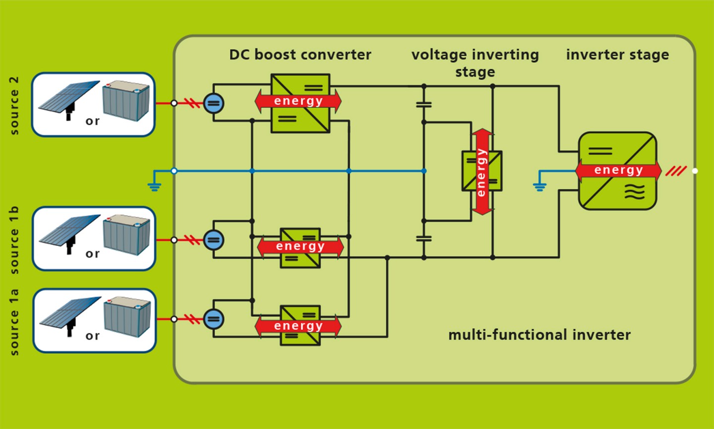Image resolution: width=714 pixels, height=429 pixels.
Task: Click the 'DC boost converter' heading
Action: tap(300, 55)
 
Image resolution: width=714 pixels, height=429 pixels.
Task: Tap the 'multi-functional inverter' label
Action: tap(539, 335)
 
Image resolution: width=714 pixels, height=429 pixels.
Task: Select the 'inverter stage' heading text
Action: tap(617, 55)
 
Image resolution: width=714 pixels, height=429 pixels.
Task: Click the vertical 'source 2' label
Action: tap(14, 105)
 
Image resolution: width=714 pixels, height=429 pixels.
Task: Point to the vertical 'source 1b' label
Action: tap(14, 240)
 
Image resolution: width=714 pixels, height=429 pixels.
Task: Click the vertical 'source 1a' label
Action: tap(14, 322)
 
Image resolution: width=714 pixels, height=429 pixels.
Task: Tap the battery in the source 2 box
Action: tap(126, 100)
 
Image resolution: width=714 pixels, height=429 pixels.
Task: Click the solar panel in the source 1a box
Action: tap(70, 315)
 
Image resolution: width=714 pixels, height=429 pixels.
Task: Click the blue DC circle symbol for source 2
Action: tap(214, 103)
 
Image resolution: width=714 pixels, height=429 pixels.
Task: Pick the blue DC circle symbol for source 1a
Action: tap(214, 319)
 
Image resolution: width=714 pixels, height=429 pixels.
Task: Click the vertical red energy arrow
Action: tap(482, 172)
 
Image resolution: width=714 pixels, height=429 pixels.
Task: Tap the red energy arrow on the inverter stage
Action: tap(618, 170)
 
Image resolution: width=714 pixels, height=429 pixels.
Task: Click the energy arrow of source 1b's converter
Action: tap(300, 246)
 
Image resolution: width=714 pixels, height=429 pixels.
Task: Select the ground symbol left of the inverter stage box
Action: tap(539, 186)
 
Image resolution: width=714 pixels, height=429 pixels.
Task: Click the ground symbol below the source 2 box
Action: tap(154, 186)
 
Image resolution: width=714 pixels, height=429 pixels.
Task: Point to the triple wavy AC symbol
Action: tap(635, 192)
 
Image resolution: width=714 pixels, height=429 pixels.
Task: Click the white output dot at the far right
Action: tap(695, 171)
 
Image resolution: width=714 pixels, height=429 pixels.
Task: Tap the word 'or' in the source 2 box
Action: tap(92, 121)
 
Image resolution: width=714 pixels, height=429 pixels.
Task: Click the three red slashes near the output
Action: tap(676, 171)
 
